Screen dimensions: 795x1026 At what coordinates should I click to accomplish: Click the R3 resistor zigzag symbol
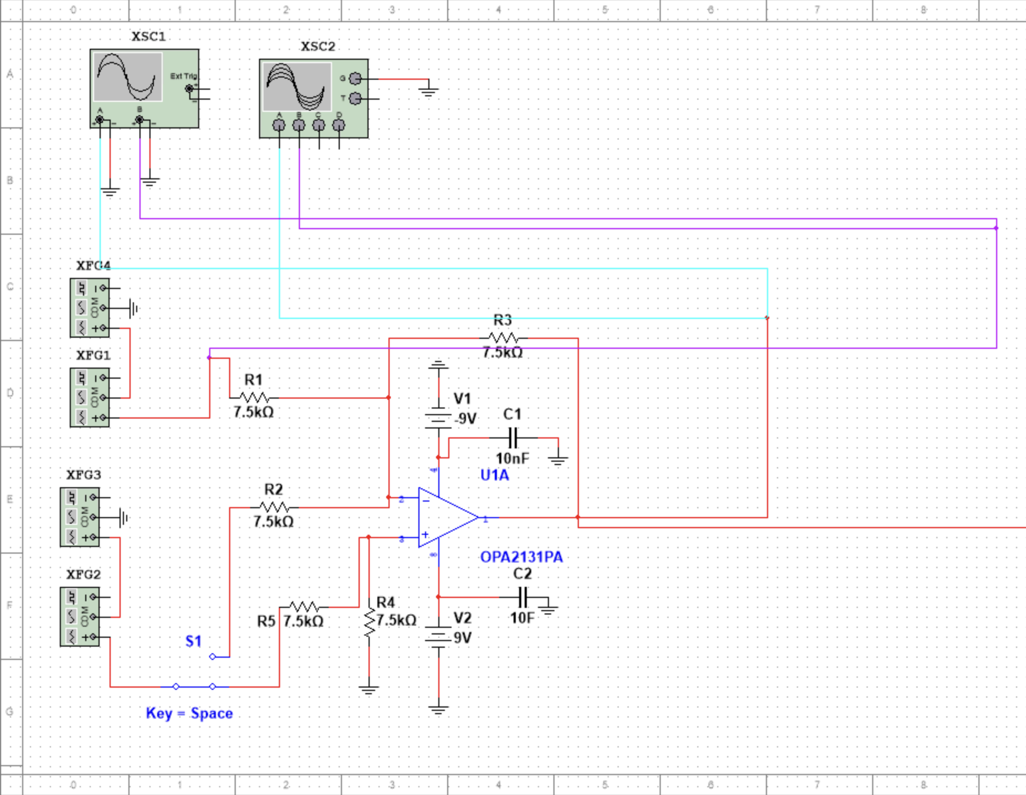(x=503, y=338)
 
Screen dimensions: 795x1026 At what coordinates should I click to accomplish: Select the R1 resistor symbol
(x=254, y=397)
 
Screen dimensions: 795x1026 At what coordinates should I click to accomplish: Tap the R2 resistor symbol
(x=274, y=507)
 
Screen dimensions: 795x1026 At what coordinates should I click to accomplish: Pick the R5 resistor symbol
(x=304, y=607)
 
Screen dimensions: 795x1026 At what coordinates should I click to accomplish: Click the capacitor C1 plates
(x=513, y=437)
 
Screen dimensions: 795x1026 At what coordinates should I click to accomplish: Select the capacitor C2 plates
(x=523, y=597)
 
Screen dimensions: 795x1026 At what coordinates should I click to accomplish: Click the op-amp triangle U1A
(x=445, y=518)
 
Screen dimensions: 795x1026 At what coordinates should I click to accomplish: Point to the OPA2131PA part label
(x=521, y=557)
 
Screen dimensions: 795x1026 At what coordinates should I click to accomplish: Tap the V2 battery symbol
(x=438, y=637)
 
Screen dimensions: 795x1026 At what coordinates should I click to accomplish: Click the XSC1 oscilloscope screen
(x=128, y=77)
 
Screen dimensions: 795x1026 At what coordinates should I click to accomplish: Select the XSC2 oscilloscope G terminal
(x=356, y=79)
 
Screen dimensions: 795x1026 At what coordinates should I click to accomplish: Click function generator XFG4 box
(x=90, y=308)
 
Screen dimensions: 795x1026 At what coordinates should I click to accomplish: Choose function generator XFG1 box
(x=90, y=397)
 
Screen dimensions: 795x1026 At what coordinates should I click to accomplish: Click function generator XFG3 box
(x=80, y=517)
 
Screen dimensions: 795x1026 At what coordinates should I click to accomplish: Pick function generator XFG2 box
(x=80, y=617)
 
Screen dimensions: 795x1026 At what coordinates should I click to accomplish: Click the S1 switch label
(x=193, y=641)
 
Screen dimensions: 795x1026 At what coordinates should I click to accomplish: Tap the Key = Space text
(x=189, y=713)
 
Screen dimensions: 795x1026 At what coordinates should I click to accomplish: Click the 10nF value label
(x=512, y=458)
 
